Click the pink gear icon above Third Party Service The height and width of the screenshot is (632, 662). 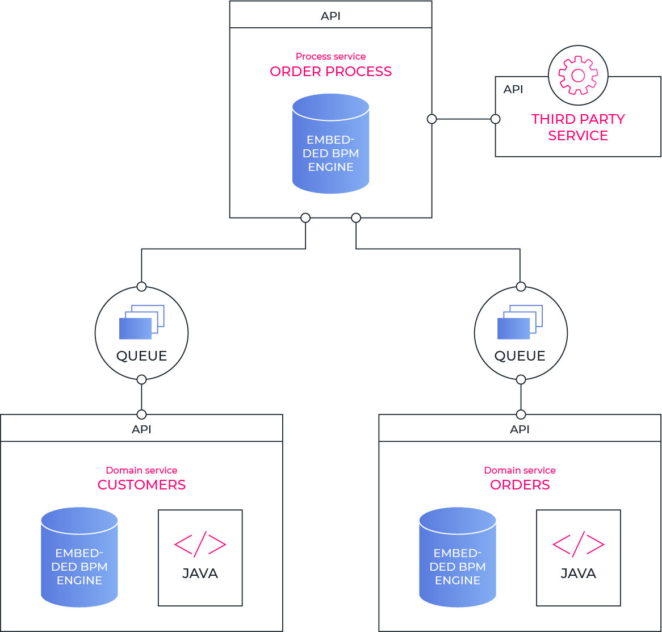[578, 76]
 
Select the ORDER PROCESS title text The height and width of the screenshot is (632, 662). [330, 72]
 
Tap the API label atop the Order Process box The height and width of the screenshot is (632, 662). [330, 16]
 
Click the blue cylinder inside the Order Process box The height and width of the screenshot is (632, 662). [330, 144]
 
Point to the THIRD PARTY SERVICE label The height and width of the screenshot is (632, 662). [578, 127]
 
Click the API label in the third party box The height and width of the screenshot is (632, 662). [513, 90]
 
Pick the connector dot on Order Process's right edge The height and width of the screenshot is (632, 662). [432, 119]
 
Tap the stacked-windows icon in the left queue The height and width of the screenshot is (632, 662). [141, 322]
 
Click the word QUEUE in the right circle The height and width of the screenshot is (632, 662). [519, 356]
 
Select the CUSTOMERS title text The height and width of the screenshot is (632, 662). [141, 485]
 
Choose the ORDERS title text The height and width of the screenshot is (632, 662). [519, 485]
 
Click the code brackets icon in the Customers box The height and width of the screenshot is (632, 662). [200, 545]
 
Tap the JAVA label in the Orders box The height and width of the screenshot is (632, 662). [578, 574]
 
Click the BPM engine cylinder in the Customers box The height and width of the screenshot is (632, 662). [79, 558]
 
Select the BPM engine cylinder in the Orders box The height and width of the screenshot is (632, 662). [458, 558]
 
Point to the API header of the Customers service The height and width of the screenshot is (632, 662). [141, 429]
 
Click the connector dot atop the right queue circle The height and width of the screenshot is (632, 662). [520, 286]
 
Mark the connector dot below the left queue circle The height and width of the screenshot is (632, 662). [141, 379]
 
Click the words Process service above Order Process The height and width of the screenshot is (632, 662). [330, 56]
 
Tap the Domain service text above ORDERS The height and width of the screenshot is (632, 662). [519, 470]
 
